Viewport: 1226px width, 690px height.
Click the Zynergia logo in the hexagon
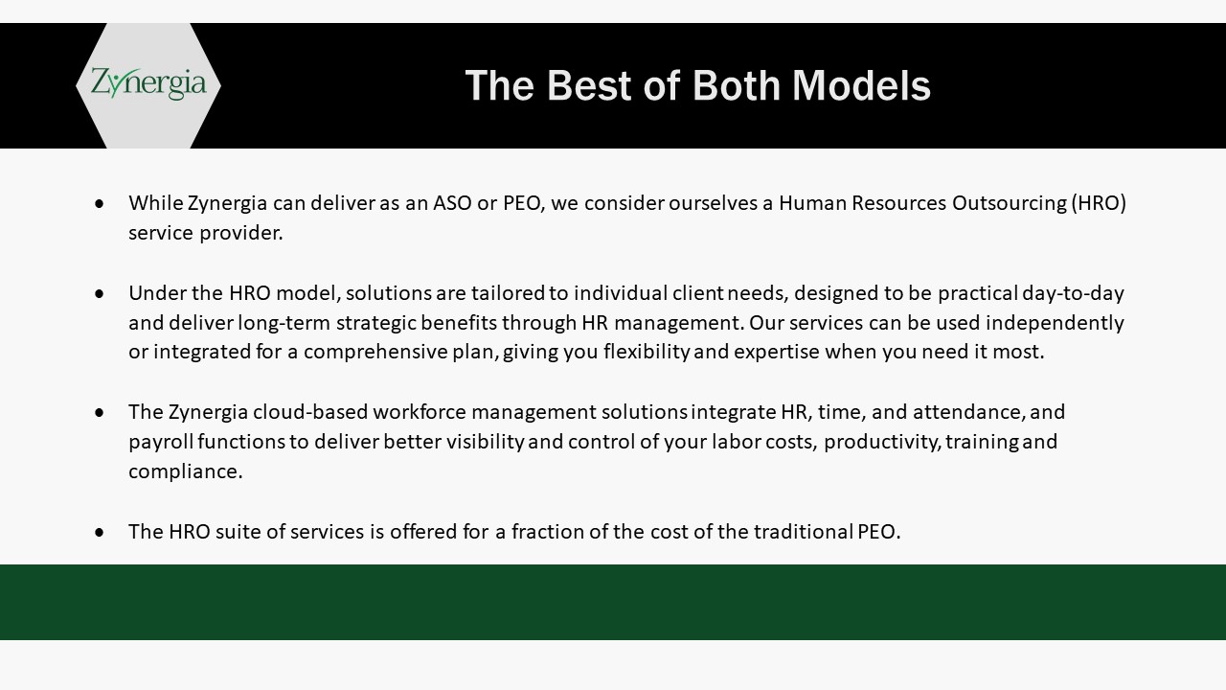pos(148,83)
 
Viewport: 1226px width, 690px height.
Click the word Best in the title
pos(589,85)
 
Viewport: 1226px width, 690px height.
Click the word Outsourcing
pos(1010,204)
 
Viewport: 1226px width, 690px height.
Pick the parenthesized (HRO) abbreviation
pos(1099,203)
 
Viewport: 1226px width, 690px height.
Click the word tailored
pos(508,293)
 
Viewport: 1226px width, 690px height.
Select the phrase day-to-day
pos(1073,293)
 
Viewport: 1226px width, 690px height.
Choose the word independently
pos(1055,323)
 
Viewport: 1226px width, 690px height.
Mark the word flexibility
pos(647,352)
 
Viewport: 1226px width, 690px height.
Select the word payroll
pos(162,442)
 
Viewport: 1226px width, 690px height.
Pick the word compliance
pos(185,471)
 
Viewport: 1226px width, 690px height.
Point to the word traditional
pos(803,532)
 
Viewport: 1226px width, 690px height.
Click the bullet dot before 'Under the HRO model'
pos(99,294)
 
